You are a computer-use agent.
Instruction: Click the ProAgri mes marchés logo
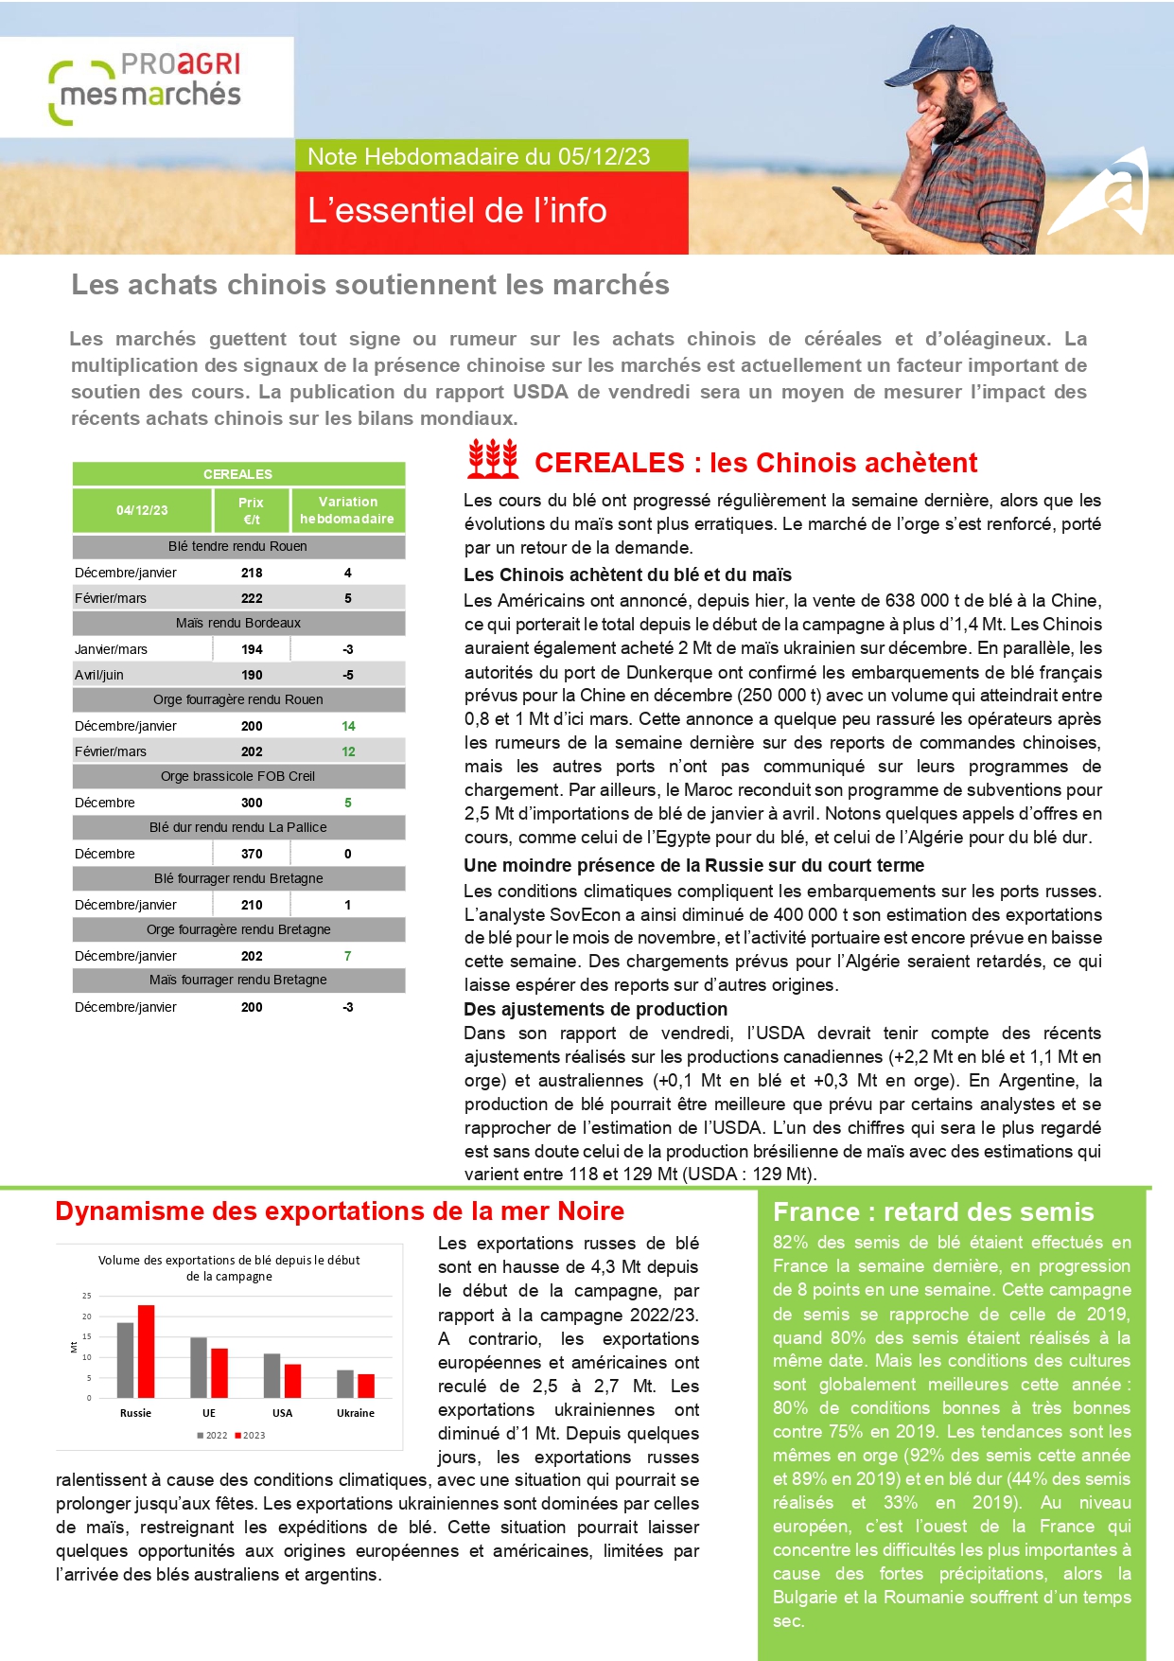point(147,86)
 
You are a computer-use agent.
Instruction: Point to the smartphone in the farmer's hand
point(846,197)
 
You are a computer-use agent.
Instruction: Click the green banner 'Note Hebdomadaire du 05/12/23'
point(479,156)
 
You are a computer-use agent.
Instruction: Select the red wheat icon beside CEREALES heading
point(493,459)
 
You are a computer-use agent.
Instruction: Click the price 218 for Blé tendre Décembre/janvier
point(252,573)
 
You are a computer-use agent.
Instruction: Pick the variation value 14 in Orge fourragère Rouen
point(348,726)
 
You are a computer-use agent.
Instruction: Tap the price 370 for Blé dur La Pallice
point(252,854)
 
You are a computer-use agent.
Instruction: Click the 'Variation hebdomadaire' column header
point(347,510)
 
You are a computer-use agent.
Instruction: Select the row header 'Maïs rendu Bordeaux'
point(238,623)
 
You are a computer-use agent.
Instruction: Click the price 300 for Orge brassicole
point(252,803)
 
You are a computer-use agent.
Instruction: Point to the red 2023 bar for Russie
point(146,1351)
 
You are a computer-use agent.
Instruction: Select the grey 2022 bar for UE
point(199,1367)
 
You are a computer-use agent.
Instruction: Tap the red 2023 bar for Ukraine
point(366,1386)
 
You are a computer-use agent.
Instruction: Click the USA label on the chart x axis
point(282,1413)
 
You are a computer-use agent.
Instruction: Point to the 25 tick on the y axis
point(87,1296)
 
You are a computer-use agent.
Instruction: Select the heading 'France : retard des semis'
point(933,1212)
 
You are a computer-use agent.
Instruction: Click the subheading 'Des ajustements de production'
point(595,1009)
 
